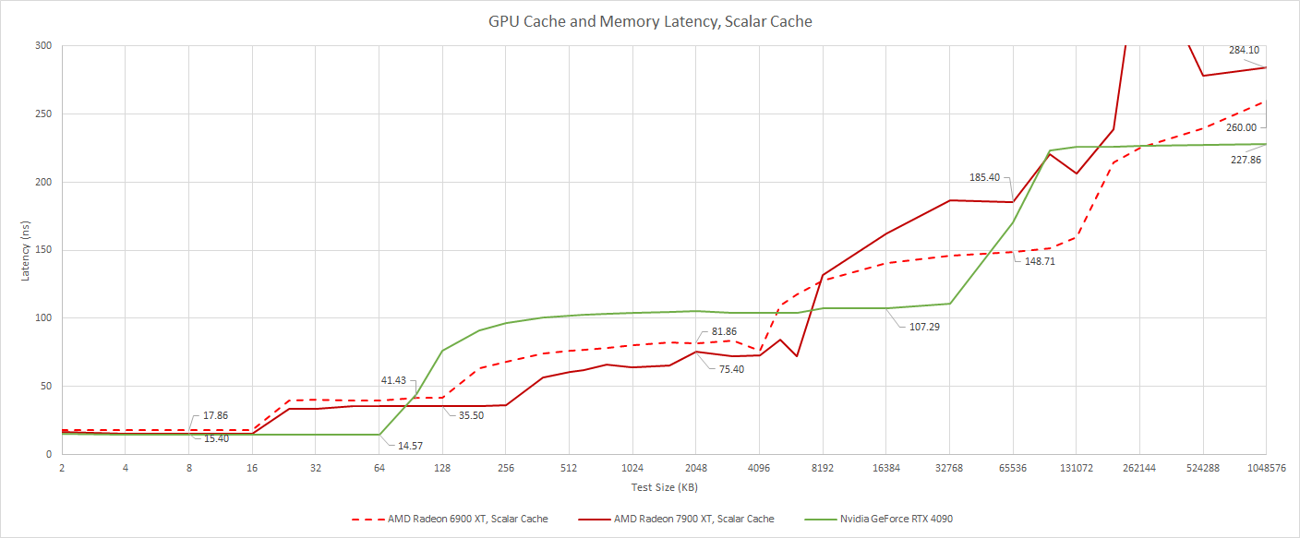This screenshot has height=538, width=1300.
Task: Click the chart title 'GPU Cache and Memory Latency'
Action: [650, 20]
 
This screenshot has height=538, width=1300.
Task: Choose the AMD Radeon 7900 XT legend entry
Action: [693, 519]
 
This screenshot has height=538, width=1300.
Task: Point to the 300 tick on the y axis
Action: [42, 46]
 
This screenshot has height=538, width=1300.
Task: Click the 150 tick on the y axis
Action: [42, 250]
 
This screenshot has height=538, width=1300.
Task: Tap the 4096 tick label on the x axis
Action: [759, 469]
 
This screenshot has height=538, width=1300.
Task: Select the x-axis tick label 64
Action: [379, 469]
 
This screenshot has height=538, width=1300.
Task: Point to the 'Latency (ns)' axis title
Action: [27, 250]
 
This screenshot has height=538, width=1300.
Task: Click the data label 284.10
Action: [1244, 50]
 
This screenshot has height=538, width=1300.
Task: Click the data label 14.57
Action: [410, 446]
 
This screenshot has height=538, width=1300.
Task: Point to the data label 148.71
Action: [1042, 261]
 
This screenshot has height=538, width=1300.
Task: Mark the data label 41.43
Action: [392, 380]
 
